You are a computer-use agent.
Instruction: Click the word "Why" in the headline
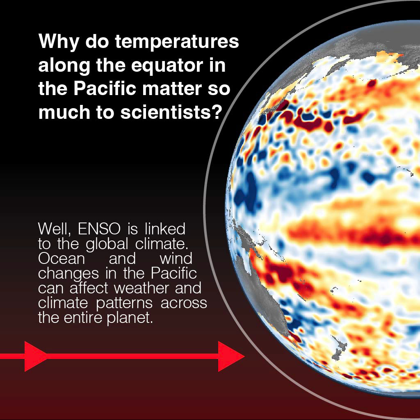tap(59, 41)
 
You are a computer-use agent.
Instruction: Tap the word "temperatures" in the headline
tap(177, 42)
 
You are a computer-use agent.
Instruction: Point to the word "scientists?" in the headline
tap(171, 112)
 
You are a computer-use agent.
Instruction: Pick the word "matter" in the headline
tap(172, 89)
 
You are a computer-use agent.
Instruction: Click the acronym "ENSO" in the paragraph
tap(99, 229)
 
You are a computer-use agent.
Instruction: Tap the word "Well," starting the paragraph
tap(55, 229)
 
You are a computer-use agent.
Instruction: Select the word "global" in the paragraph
tap(107, 244)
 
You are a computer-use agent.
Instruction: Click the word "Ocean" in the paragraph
tap(62, 259)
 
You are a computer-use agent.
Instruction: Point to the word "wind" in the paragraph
tap(176, 259)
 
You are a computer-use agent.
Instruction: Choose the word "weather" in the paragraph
tap(142, 288)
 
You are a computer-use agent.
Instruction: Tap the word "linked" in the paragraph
tap(165, 229)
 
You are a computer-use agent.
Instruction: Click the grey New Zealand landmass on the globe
tap(340, 350)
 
